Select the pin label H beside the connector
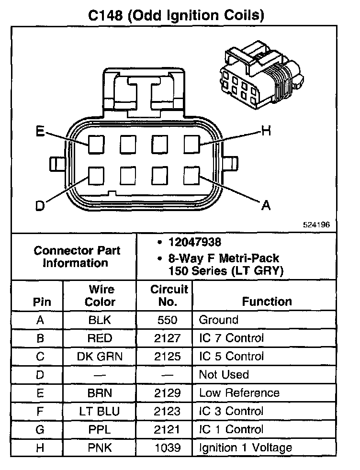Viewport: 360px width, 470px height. pyautogui.click(x=266, y=130)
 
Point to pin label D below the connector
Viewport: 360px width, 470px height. pyautogui.click(x=41, y=206)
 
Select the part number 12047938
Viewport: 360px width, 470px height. pyautogui.click(x=194, y=242)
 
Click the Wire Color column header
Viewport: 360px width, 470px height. pyautogui.click(x=100, y=296)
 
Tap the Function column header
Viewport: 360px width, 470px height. pyautogui.click(x=267, y=302)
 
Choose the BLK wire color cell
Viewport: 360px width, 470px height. pyautogui.click(x=100, y=320)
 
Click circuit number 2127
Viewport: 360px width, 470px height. pyautogui.click(x=168, y=338)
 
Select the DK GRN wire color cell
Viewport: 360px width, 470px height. pyautogui.click(x=100, y=357)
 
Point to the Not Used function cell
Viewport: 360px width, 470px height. pyautogui.click(x=224, y=375)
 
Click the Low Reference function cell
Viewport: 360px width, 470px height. pyautogui.click(x=239, y=393)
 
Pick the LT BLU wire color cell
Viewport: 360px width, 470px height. pyautogui.click(x=100, y=411)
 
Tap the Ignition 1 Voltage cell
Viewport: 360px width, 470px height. pyautogui.click(x=245, y=448)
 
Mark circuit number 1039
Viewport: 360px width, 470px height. pyautogui.click(x=168, y=448)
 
